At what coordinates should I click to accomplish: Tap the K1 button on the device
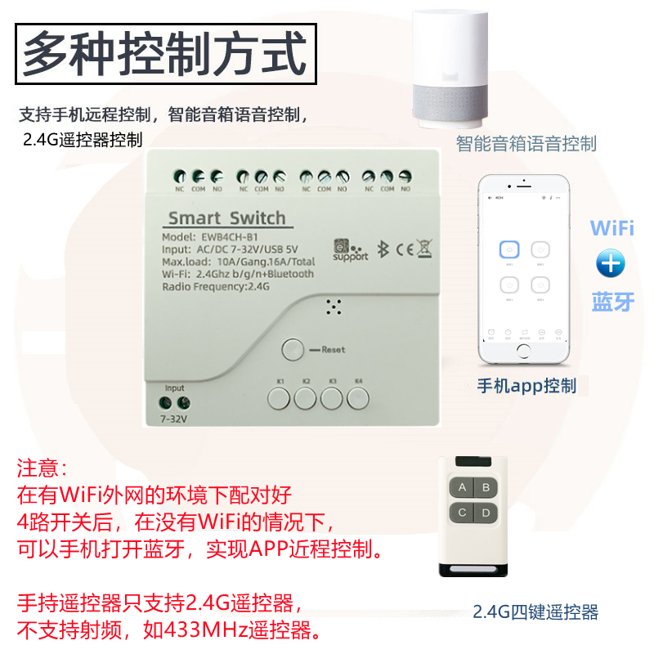(279, 399)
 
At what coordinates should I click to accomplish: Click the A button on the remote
(462, 489)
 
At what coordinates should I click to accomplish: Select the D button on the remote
(486, 513)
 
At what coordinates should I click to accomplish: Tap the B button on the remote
(486, 489)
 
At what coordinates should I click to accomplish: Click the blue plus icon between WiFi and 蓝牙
(611, 263)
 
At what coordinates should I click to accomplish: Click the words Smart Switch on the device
(226, 218)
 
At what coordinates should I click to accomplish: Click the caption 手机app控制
(526, 386)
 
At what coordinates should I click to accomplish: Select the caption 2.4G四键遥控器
(535, 611)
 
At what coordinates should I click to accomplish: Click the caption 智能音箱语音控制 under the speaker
(526, 144)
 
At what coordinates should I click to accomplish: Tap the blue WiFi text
(611, 227)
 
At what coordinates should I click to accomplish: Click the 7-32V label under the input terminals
(173, 419)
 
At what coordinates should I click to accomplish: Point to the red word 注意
(45, 469)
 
